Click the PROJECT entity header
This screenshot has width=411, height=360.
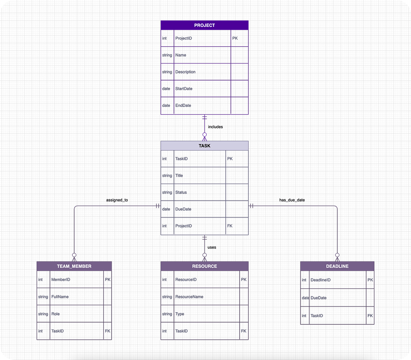(x=204, y=25)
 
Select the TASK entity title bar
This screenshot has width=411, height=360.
(x=204, y=146)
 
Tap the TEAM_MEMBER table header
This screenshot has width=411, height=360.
(x=74, y=266)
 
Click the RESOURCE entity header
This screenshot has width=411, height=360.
(x=204, y=266)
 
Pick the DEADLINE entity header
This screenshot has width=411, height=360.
(x=337, y=266)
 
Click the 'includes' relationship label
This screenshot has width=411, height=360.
(x=215, y=127)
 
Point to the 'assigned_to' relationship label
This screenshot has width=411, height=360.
(x=117, y=200)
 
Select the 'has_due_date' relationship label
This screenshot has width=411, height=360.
(x=292, y=200)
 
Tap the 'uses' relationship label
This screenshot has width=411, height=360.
(x=212, y=247)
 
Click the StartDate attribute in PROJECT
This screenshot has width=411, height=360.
(x=184, y=89)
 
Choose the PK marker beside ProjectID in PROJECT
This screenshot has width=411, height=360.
(x=235, y=38)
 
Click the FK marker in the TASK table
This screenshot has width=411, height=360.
(x=230, y=226)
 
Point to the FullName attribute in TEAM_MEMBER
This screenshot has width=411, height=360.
(x=60, y=297)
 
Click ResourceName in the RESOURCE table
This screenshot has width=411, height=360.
(x=189, y=297)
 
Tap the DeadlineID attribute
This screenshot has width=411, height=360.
(x=321, y=280)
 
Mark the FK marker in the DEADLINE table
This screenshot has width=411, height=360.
(x=370, y=316)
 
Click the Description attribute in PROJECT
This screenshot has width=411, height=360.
(x=185, y=72)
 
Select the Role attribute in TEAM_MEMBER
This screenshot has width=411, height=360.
(x=55, y=314)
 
